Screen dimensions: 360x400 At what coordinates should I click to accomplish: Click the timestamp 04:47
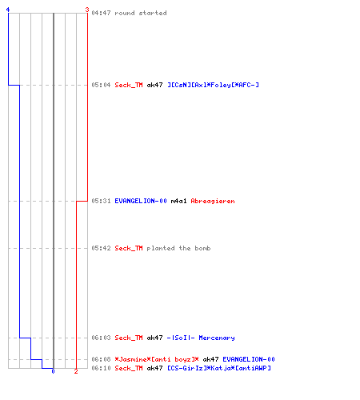(101, 13)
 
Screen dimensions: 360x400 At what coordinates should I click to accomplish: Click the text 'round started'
(141, 13)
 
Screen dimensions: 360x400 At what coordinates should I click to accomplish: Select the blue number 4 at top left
(8, 10)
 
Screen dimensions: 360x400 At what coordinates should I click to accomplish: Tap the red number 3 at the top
(87, 10)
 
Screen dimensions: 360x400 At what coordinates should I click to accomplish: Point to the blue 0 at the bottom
(53, 371)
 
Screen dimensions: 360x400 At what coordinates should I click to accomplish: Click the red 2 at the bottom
(76, 371)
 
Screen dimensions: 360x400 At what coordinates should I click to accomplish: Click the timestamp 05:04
(101, 85)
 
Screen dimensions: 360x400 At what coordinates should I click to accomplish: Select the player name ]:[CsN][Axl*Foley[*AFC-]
(213, 85)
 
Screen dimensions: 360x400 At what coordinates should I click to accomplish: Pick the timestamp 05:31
(101, 201)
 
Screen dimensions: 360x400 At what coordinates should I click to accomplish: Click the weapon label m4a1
(178, 201)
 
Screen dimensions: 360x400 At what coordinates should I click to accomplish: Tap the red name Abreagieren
(213, 201)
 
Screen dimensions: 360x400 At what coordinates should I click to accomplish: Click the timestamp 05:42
(101, 248)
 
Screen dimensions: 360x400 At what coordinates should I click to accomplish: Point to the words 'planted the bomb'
(178, 248)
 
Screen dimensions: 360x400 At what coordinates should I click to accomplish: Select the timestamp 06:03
(101, 338)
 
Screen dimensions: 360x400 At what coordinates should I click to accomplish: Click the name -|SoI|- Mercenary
(201, 338)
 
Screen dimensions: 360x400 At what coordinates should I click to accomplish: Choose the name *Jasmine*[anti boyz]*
(157, 359)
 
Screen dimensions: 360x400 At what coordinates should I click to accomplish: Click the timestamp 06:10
(101, 368)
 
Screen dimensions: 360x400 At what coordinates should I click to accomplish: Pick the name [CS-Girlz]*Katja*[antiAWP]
(219, 368)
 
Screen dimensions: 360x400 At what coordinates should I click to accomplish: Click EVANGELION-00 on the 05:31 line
(141, 201)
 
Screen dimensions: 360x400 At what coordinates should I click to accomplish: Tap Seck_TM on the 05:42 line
(129, 248)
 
